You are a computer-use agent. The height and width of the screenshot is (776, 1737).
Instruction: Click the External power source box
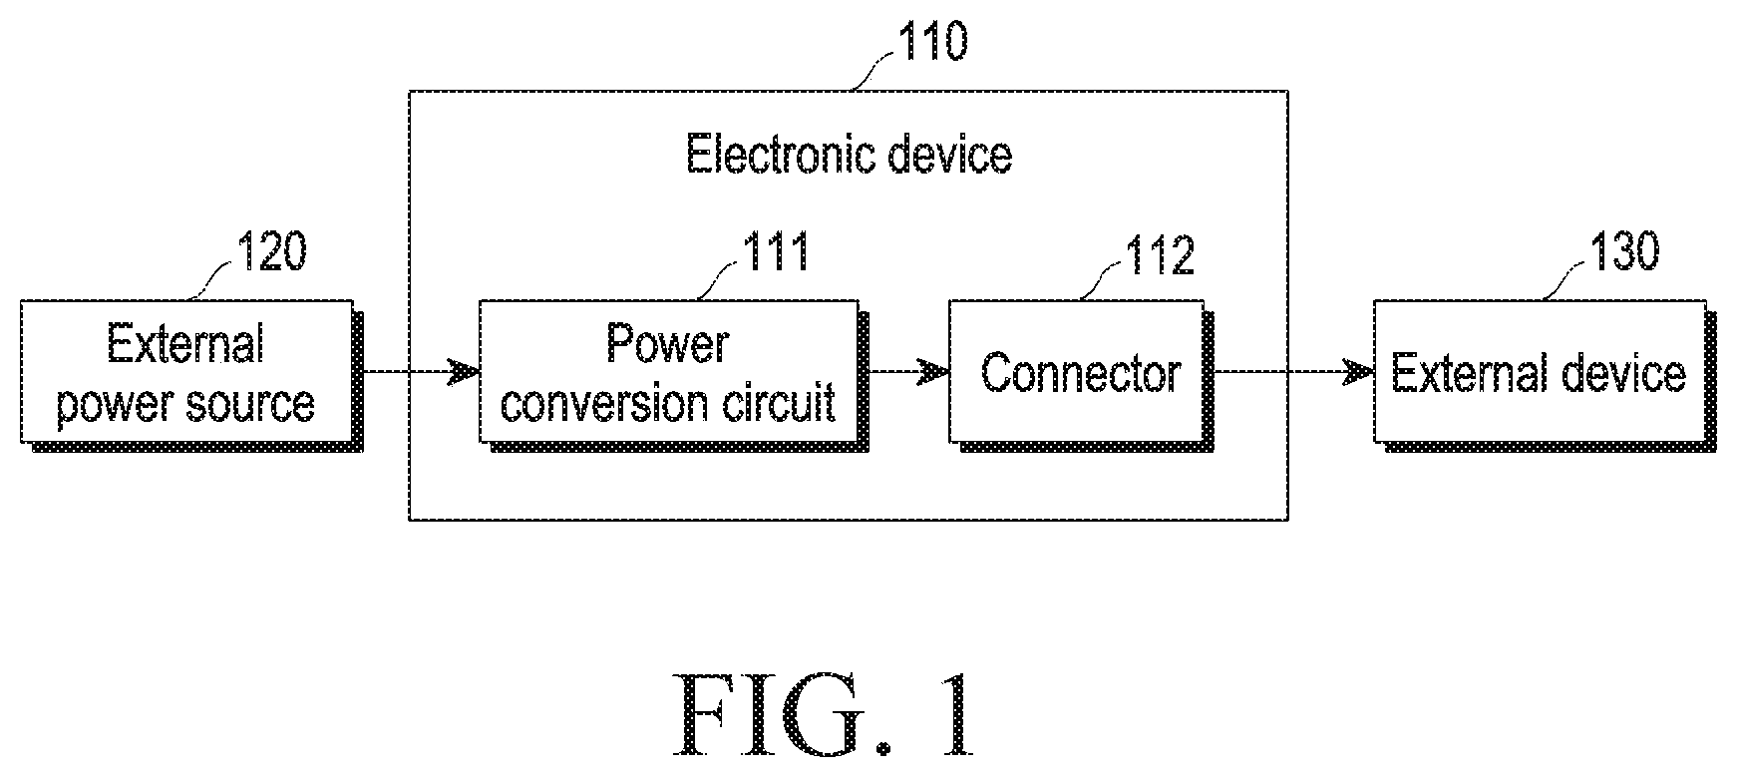[x=186, y=371]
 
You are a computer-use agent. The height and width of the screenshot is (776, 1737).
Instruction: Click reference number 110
[x=932, y=43]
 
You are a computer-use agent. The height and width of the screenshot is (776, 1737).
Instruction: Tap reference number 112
[x=1160, y=255]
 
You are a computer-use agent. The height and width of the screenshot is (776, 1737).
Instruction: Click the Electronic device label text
[x=850, y=156]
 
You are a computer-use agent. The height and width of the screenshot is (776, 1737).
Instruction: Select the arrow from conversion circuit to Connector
[x=908, y=372]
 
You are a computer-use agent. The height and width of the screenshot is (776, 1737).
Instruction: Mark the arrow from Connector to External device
[x=1293, y=372]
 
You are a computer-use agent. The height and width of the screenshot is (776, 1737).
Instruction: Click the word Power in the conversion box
[x=667, y=344]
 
